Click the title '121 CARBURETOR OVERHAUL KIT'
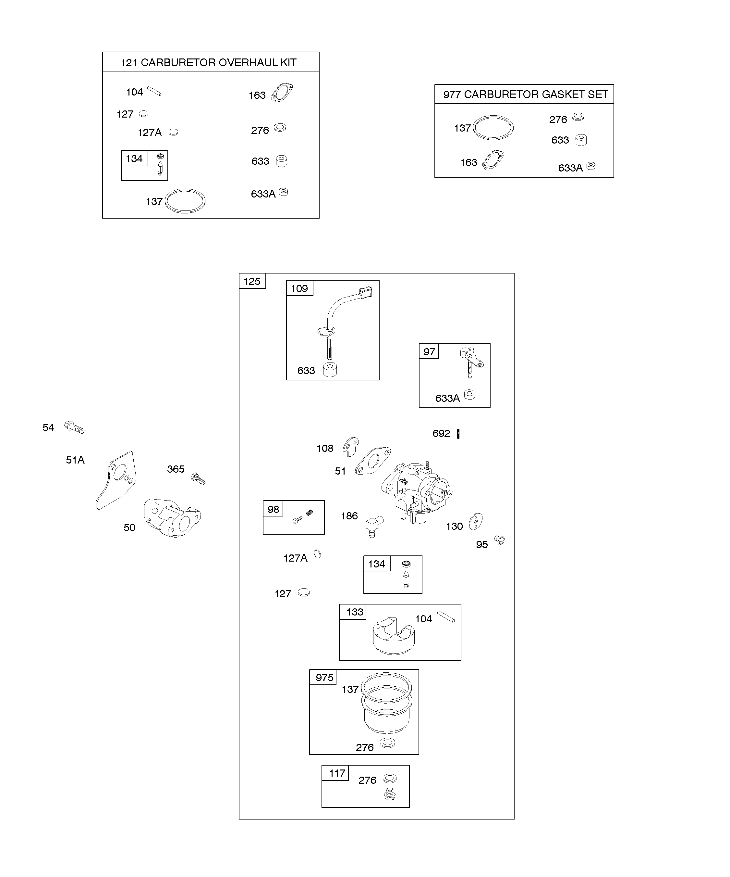pyautogui.click(x=209, y=63)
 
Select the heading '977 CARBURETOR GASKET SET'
pyautogui.click(x=526, y=95)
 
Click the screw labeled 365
pyautogui.click(x=198, y=478)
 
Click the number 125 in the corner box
pyautogui.click(x=252, y=282)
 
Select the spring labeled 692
pyautogui.click(x=458, y=434)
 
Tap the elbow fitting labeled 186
pyautogui.click(x=374, y=526)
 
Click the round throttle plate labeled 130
pyautogui.click(x=476, y=522)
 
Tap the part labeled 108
pyautogui.click(x=350, y=446)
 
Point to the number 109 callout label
pyautogui.click(x=299, y=288)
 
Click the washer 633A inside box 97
pyautogui.click(x=470, y=395)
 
